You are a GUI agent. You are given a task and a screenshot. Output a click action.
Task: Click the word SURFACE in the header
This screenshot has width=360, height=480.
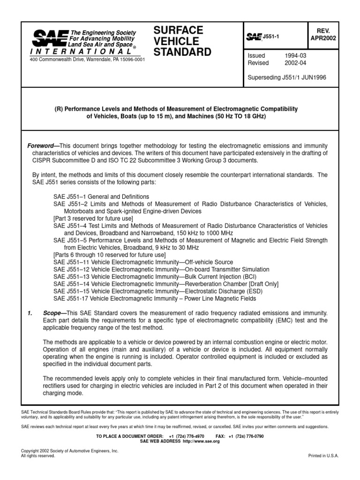[179, 30]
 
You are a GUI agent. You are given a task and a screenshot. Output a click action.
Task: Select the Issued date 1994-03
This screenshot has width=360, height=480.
[296, 56]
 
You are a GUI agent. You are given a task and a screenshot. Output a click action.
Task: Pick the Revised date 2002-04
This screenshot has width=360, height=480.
[296, 63]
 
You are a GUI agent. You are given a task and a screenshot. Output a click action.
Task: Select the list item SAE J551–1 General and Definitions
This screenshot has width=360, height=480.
[102, 196]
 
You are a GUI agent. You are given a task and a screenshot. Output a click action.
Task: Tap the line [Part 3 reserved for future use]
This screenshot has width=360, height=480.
[93, 218]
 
